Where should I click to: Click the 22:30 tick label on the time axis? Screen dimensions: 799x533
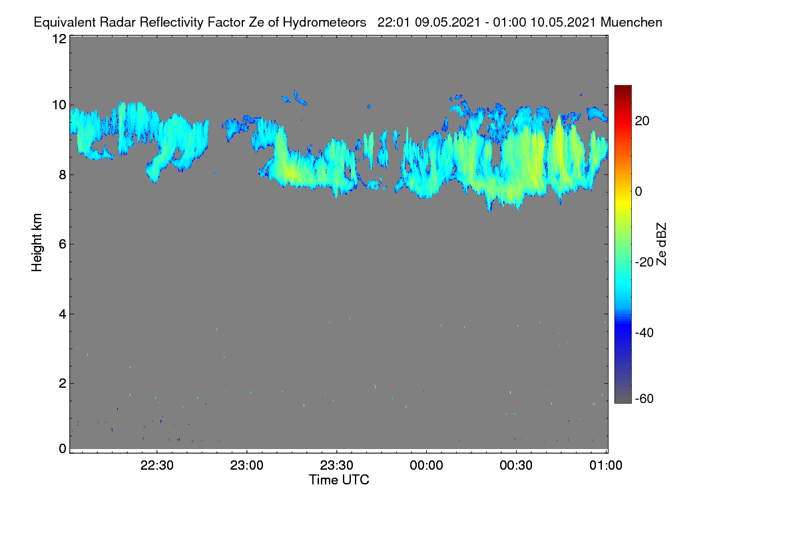(156, 466)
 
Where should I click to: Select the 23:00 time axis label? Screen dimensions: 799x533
(246, 466)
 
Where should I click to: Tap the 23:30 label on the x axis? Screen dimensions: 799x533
(336, 466)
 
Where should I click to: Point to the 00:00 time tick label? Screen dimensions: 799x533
(426, 466)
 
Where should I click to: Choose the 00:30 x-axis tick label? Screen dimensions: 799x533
(516, 466)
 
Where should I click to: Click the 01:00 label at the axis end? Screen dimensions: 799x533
(606, 466)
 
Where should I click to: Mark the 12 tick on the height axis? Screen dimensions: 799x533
(59, 39)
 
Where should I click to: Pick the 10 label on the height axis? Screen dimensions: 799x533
(59, 105)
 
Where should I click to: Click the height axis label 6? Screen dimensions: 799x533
(63, 245)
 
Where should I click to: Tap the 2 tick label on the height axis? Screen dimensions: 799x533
(63, 383)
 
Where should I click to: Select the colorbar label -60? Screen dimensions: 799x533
(645, 399)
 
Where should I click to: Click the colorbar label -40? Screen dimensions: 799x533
(645, 332)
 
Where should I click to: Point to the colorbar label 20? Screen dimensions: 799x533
(642, 121)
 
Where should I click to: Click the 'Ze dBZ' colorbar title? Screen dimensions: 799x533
(661, 245)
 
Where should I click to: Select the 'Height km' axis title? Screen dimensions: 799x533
(37, 243)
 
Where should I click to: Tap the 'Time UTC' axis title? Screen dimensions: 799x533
(339, 480)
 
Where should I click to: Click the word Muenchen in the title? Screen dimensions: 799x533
(631, 23)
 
